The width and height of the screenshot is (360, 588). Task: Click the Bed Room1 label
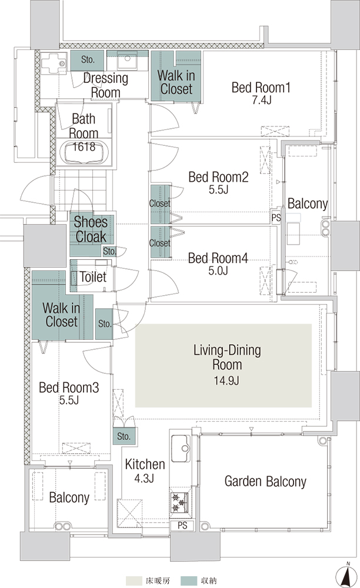coord(261,88)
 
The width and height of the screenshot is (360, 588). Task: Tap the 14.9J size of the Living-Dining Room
coord(226,380)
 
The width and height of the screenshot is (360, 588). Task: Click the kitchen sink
coord(181,449)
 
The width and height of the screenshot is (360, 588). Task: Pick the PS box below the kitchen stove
coord(182,525)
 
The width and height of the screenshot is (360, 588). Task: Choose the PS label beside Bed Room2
coord(276,218)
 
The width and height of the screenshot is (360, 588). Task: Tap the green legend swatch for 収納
coord(189,581)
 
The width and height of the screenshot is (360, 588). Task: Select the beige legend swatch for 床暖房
coord(134,581)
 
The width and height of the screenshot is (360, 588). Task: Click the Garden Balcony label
coord(265,481)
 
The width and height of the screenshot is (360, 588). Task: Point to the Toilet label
coord(93,277)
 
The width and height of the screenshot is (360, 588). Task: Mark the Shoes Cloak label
coord(91,229)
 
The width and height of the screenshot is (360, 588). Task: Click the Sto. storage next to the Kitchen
coord(124,436)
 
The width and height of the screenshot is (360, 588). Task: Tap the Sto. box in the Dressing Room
coord(88,59)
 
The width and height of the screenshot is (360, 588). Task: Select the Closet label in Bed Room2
coord(160,203)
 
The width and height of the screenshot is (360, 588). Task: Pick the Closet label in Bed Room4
coord(160,243)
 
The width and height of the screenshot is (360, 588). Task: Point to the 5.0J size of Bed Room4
coord(218,270)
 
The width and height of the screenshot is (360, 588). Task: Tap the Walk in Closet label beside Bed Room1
coord(176,82)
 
